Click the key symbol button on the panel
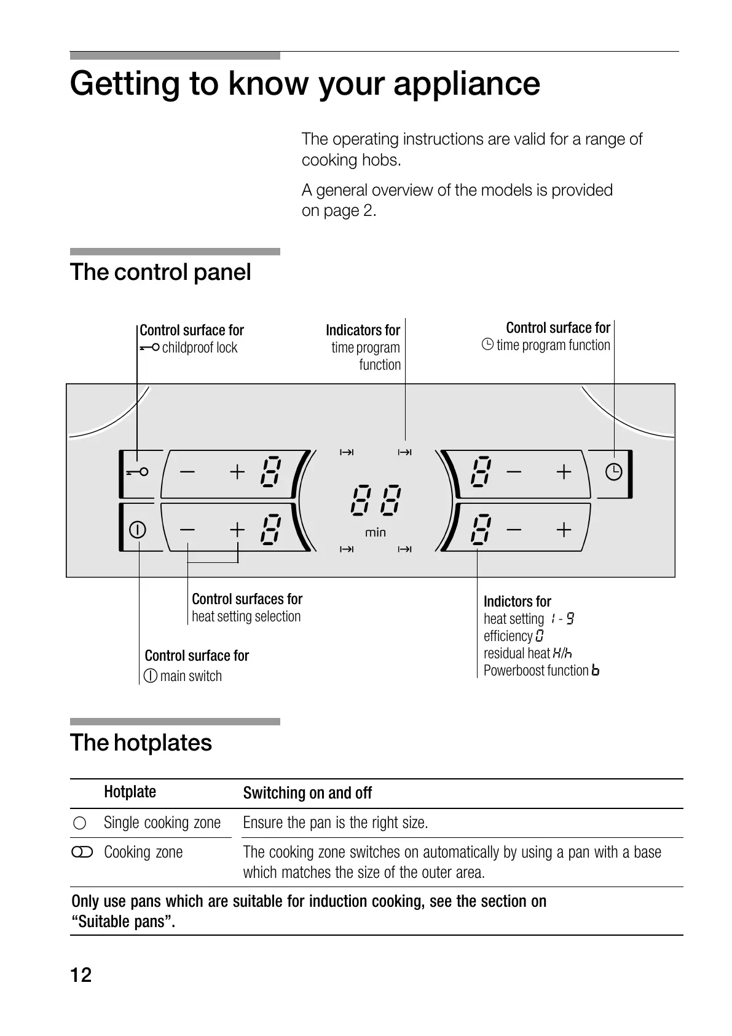[138, 472]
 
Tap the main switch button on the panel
[137, 529]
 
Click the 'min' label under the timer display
[376, 532]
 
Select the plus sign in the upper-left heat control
[237, 472]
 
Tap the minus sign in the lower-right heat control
[514, 529]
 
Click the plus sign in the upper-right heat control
[564, 472]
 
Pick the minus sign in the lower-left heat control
[187, 529]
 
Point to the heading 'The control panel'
[160, 272]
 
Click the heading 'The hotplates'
[141, 743]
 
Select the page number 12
[81, 975]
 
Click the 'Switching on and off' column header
[307, 793]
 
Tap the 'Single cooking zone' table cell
[162, 823]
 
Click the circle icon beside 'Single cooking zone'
[79, 823]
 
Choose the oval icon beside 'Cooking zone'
[82, 853]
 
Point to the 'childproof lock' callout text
[199, 348]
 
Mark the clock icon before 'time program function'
[487, 345]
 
